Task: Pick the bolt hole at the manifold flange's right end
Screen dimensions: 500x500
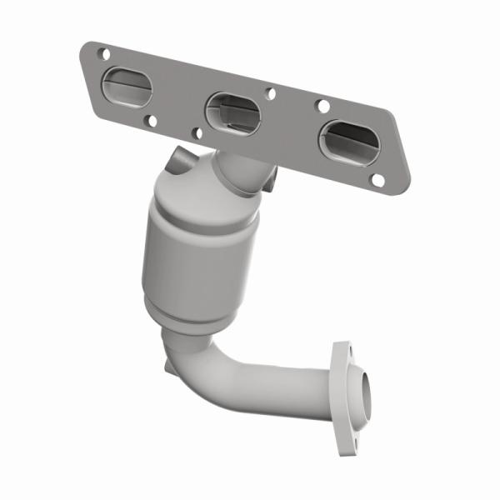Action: tap(377, 179)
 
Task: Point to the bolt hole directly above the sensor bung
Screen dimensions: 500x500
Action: tap(196, 132)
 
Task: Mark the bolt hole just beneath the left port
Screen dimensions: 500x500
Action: tap(151, 121)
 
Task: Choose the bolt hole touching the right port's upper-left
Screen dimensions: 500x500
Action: tap(321, 106)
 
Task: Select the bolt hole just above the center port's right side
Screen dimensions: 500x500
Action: tap(270, 93)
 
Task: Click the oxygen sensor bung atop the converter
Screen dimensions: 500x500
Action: tap(178, 159)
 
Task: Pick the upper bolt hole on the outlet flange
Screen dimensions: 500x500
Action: tap(340, 347)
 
